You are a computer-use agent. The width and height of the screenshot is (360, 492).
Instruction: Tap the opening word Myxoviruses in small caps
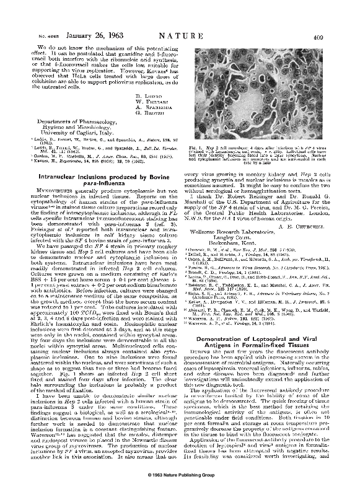tap(37, 192)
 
